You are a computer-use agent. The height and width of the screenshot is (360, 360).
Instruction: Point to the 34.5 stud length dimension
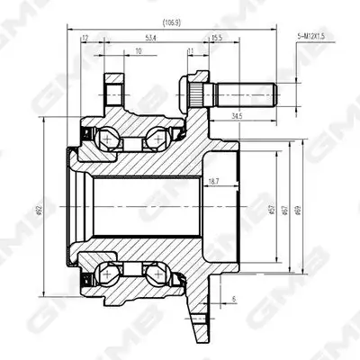(x=236, y=116)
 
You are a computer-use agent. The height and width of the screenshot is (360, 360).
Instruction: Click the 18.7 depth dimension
(x=213, y=183)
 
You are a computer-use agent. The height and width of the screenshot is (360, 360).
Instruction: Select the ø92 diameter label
(x=40, y=211)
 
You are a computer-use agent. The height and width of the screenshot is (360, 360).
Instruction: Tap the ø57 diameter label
(x=272, y=211)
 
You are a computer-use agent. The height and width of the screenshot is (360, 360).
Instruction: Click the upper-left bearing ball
(x=110, y=139)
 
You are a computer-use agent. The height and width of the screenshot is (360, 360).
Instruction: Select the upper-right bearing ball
(x=155, y=139)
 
